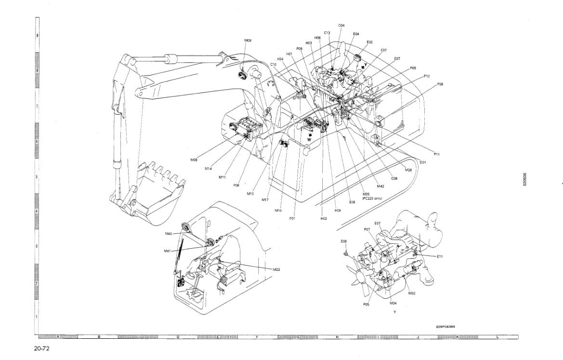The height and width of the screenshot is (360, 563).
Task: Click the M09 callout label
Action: tap(248, 40)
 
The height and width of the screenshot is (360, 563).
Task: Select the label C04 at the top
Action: tap(341, 25)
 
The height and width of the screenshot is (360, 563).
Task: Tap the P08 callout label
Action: tap(440, 84)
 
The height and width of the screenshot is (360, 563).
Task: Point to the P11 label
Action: tap(436, 154)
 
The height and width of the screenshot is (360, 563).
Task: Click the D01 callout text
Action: tap(423, 162)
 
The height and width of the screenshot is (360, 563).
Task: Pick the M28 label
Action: tap(408, 170)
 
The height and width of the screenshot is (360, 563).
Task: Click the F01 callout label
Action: tap(292, 218)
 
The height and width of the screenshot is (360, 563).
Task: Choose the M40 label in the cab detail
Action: tap(169, 234)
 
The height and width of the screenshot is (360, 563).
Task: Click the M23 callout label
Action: tap(276, 269)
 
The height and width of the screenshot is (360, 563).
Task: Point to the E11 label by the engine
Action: tap(440, 256)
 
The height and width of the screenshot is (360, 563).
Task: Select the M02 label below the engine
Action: tap(412, 293)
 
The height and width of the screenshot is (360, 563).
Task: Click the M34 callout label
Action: tap(393, 303)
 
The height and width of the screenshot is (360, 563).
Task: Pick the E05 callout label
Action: tap(369, 42)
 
